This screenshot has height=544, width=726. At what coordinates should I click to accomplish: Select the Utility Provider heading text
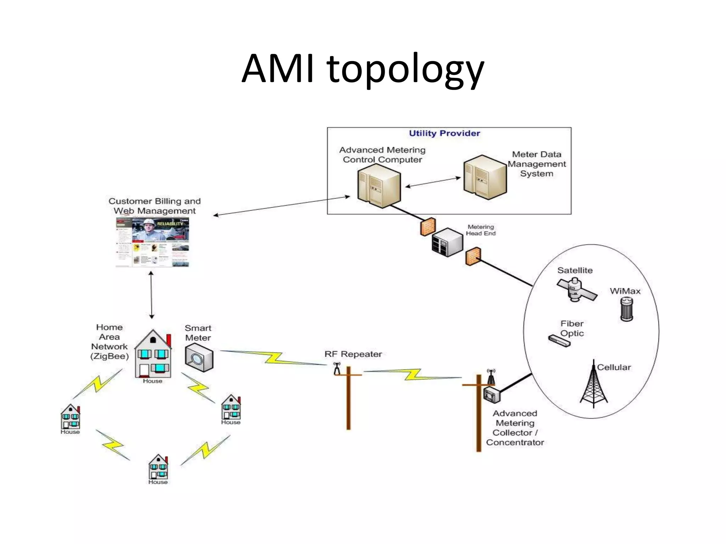444,133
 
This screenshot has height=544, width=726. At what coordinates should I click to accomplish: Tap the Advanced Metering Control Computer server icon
379,186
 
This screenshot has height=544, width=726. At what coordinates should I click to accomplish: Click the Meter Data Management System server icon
485,177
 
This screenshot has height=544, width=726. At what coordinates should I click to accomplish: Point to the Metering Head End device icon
447,242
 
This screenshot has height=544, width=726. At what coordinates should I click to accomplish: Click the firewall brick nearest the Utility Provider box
428,227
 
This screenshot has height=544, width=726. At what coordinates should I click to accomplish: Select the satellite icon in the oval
576,289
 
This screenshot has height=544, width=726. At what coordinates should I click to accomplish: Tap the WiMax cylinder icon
626,309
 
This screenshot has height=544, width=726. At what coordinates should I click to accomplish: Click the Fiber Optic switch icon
559,341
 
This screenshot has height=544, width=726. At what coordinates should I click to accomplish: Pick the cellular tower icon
594,386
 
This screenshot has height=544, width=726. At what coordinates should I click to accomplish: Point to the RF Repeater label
353,354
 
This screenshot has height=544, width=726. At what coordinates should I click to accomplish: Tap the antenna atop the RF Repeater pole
337,368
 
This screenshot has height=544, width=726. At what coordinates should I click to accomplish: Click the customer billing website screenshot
152,242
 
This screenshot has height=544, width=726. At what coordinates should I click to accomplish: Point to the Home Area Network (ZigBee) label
109,342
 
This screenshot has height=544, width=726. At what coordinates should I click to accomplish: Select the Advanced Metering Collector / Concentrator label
515,428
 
